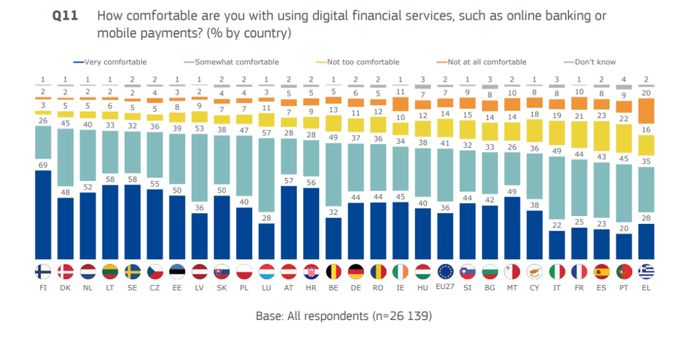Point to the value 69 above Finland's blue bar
(x=43, y=164)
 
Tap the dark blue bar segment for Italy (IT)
(x=557, y=244)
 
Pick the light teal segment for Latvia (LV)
(x=200, y=173)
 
